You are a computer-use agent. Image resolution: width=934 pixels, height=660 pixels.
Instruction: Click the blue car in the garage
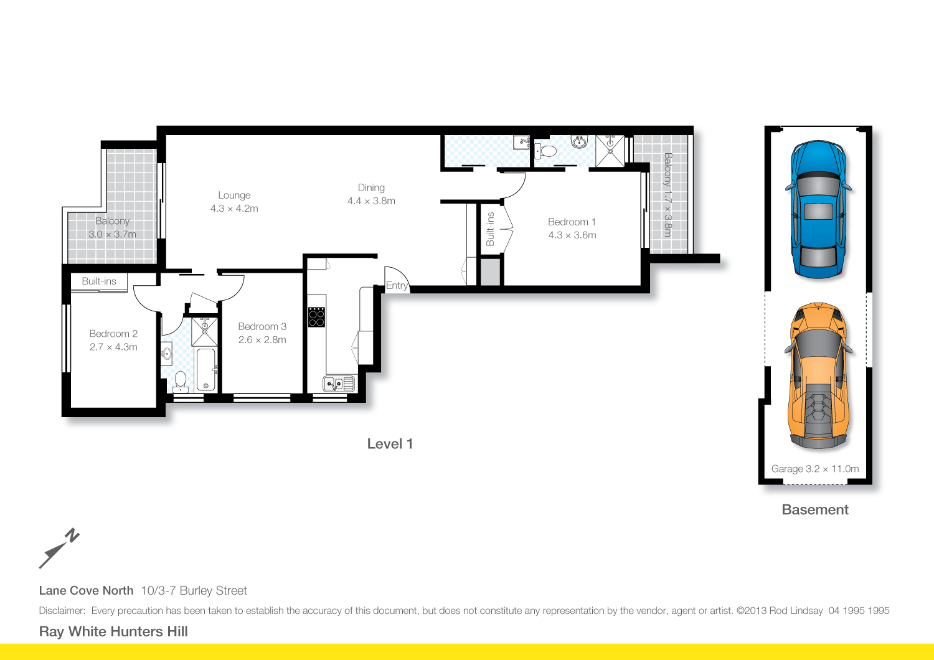[818, 209]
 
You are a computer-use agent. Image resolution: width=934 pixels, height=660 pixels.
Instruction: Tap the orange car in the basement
[819, 377]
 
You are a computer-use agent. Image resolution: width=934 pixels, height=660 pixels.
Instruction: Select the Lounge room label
[234, 196]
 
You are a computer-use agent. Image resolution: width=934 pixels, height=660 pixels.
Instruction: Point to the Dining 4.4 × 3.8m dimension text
[371, 201]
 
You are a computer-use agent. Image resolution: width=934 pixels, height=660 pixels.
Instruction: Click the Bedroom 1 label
[572, 222]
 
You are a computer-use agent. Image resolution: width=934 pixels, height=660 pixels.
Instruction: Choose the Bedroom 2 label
[113, 334]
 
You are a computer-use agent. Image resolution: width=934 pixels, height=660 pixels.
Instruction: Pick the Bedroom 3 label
[262, 327]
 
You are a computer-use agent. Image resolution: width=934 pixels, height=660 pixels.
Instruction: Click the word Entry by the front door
[397, 286]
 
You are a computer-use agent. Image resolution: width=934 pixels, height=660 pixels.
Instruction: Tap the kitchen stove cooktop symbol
[316, 317]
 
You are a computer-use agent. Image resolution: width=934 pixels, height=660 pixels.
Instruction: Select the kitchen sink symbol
[339, 384]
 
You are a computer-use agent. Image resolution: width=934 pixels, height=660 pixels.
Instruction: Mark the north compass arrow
[59, 549]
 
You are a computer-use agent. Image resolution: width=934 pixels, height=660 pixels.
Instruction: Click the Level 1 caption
[390, 444]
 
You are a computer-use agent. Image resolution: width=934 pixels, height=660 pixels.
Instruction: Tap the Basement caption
[815, 510]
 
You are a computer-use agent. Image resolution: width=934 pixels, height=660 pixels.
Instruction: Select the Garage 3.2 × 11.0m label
[815, 469]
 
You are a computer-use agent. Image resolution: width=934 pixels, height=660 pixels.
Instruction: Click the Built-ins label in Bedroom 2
[99, 281]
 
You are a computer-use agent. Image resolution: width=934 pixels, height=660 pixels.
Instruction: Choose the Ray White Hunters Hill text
[113, 631]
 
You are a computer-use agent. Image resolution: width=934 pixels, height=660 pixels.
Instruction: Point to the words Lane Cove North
[86, 591]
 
